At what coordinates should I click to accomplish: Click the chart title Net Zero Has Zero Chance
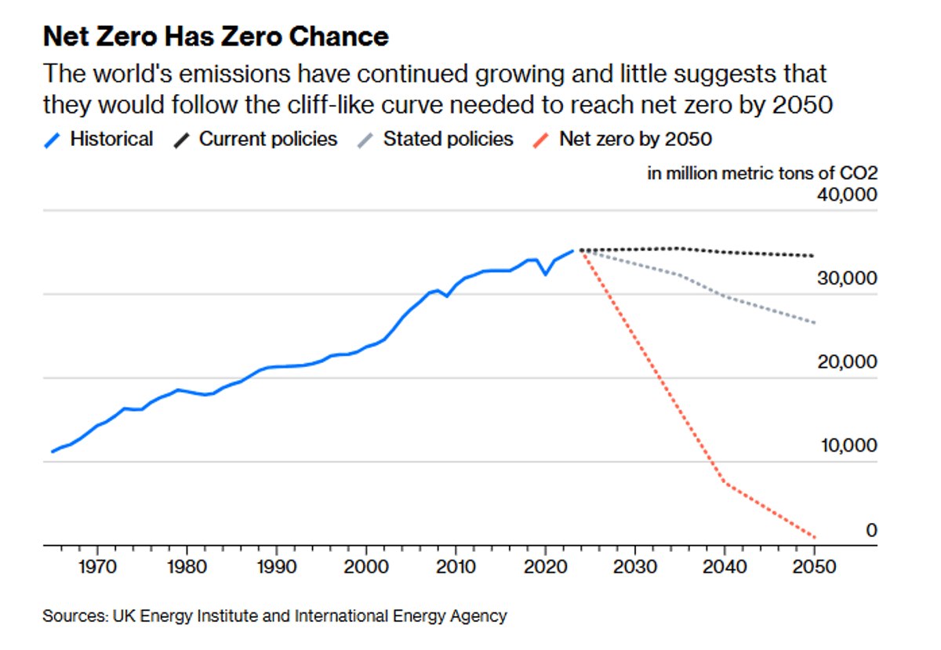coord(215,36)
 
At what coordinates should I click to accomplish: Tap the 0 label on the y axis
coord(871,530)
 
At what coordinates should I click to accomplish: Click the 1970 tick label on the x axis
coord(97,566)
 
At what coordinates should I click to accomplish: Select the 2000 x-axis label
coord(366,566)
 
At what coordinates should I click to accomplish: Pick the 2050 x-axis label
coord(815,566)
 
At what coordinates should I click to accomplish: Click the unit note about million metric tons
coord(761,173)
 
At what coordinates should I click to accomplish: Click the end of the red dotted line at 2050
coord(815,538)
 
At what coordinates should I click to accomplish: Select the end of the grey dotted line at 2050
coord(815,323)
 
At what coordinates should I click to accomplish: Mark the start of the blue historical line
coord(53,452)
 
